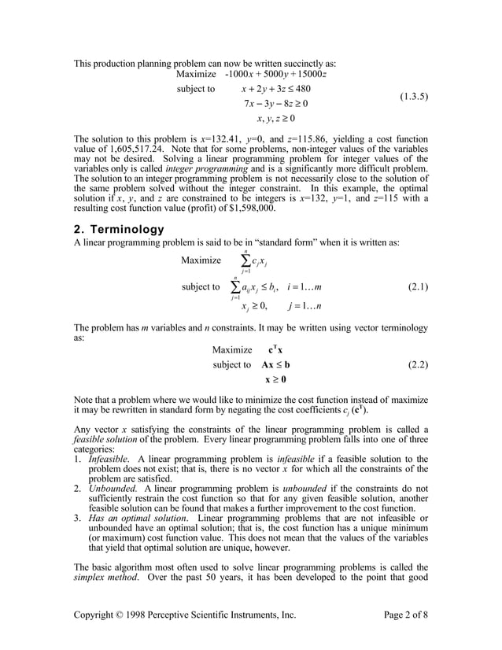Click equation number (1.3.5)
point(413,98)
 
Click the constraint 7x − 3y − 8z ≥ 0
point(275,104)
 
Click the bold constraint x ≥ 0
point(275,380)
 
